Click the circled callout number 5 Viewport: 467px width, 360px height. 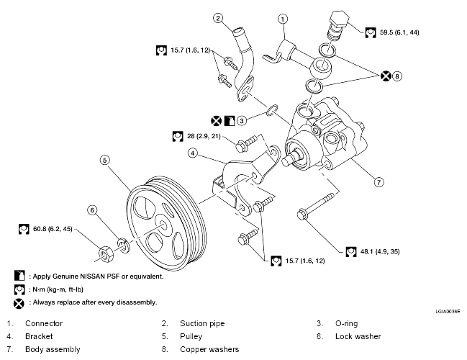pyautogui.click(x=104, y=160)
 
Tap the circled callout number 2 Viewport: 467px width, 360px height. pyautogui.click(x=218, y=18)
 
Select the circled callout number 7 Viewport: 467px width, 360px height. pyautogui.click(x=378, y=181)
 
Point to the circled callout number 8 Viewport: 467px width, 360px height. pyautogui.click(x=397, y=76)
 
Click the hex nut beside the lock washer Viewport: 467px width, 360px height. pyautogui.click(x=105, y=254)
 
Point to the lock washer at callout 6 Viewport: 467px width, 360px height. pyautogui.click(x=122, y=244)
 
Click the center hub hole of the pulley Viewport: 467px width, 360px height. pyautogui.click(x=163, y=225)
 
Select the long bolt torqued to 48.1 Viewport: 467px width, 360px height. pyautogui.click(x=316, y=206)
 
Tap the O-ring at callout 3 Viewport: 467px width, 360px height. pyautogui.click(x=272, y=110)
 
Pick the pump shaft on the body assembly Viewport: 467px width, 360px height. pyautogui.click(x=290, y=158)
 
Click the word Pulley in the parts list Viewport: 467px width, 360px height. pyautogui.click(x=191, y=336)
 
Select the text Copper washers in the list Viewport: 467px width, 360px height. pyautogui.click(x=209, y=349)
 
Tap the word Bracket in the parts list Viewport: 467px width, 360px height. pyautogui.click(x=39, y=336)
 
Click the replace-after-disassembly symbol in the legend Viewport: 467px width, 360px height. pyautogui.click(x=19, y=303)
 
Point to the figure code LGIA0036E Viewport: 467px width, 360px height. pyautogui.click(x=448, y=312)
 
